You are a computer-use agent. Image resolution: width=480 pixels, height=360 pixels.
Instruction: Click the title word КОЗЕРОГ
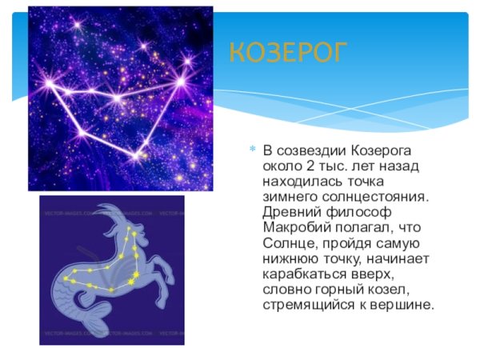pos(289,54)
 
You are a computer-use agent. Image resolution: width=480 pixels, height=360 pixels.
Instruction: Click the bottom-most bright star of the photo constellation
pos(137,154)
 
